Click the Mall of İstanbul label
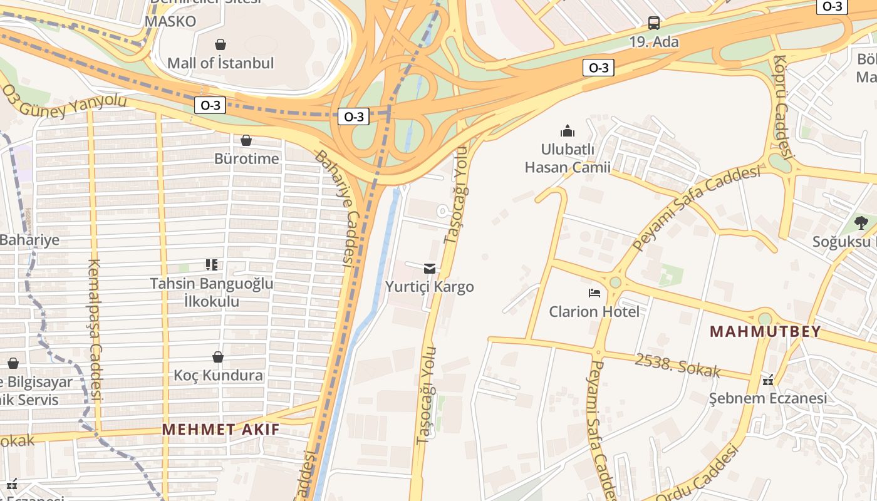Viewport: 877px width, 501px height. (221, 63)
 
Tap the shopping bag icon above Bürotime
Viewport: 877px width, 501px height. (246, 140)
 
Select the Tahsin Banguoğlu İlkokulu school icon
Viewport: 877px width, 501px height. (212, 265)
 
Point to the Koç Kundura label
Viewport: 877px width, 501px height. (218, 376)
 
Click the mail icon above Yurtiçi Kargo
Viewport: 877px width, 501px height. (430, 269)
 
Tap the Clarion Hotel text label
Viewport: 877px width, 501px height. (594, 311)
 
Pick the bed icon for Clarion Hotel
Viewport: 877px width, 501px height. (594, 293)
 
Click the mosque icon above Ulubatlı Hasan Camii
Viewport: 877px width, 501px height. (568, 131)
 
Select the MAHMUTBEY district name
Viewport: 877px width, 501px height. (765, 332)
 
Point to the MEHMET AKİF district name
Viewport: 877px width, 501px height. (221, 430)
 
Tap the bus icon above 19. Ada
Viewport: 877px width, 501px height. (654, 24)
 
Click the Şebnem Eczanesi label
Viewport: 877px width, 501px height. (768, 398)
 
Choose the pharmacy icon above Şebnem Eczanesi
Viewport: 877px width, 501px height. (768, 380)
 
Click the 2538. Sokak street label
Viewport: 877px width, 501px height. (677, 366)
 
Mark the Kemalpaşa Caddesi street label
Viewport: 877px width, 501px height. (95, 329)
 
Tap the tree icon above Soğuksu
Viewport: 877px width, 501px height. (861, 222)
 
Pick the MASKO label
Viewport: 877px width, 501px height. (170, 21)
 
